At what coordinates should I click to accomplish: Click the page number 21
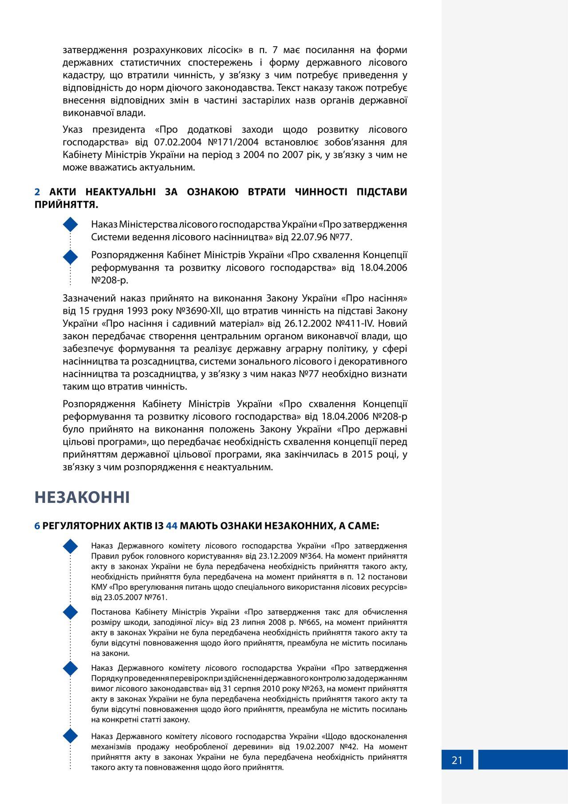(457, 760)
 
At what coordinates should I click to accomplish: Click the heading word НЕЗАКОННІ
(82, 497)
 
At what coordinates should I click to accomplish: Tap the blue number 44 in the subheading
(172, 526)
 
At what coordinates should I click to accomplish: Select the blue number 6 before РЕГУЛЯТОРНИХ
(37, 526)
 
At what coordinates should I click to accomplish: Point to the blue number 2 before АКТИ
(37, 192)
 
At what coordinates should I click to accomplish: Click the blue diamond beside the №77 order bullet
(71, 225)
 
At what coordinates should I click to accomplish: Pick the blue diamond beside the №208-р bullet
(71, 256)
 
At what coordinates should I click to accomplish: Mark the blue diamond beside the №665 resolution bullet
(71, 613)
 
